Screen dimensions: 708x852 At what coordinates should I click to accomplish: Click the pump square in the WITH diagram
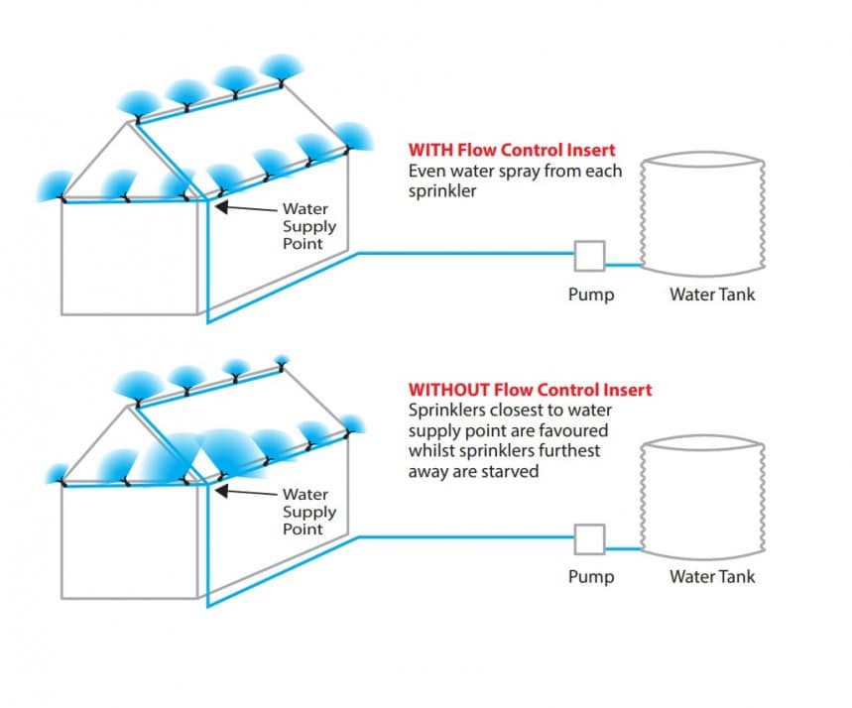pos(589,256)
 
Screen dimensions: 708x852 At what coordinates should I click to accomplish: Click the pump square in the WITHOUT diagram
pos(589,539)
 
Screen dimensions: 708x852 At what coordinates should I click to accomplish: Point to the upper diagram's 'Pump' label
pos(591,295)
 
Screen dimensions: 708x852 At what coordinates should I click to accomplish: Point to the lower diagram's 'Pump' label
pos(591,577)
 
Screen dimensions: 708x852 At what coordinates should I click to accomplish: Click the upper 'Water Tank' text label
pos(711,295)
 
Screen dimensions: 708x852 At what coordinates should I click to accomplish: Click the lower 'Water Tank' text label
pos(711,577)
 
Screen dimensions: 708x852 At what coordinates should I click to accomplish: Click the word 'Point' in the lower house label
pos(303,530)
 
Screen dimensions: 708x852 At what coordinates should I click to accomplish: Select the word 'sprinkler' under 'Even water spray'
pos(441,190)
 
